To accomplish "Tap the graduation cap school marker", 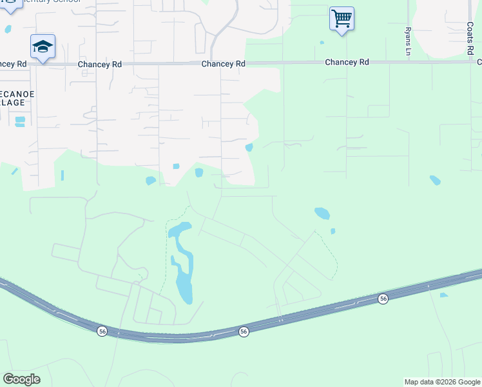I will point(43,46).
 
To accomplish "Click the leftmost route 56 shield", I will point(102,331).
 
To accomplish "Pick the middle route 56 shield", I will point(244,331).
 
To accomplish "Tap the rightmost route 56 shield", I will point(383,299).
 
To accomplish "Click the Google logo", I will point(21,379).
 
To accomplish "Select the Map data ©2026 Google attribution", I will point(441,382).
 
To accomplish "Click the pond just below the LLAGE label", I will point(19,121).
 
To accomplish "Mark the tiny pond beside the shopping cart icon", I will point(321,43).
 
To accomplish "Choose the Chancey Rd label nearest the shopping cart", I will point(347,62).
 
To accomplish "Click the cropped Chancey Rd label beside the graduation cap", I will point(13,64).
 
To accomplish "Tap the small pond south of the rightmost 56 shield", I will point(443,295).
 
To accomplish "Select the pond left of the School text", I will point(8,29).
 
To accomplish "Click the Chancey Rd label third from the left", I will point(223,64).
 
